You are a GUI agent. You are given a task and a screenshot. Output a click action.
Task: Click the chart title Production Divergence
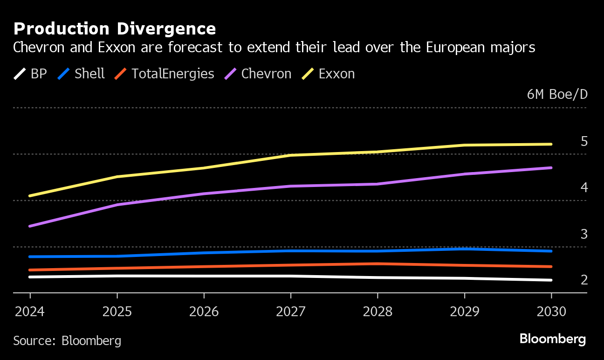pos(115,29)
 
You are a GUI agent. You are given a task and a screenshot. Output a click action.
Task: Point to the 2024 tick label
pos(30,312)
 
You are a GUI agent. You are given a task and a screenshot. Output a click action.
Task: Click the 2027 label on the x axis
pos(291,312)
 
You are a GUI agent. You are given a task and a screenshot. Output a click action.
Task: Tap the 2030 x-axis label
pos(551,312)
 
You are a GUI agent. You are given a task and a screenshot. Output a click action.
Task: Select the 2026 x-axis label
pos(204,312)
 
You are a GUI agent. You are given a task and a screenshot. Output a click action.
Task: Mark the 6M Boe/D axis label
pos(557,95)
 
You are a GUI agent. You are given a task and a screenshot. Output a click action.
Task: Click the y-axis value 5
pos(584,141)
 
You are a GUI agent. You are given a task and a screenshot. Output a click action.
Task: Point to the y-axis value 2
pos(584,280)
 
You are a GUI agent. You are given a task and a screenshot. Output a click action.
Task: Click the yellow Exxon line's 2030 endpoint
pos(551,144)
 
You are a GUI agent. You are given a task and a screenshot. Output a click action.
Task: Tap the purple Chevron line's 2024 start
pos(30,226)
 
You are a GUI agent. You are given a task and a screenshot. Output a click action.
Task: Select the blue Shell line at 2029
pos(465,249)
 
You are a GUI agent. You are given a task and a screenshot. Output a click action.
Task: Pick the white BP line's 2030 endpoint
pos(551,280)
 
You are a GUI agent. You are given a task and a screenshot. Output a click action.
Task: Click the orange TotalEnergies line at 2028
pos(377,263)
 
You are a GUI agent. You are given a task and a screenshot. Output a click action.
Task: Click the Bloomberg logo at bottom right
pos(552,339)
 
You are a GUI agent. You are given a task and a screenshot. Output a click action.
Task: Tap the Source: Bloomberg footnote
pos(67,341)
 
